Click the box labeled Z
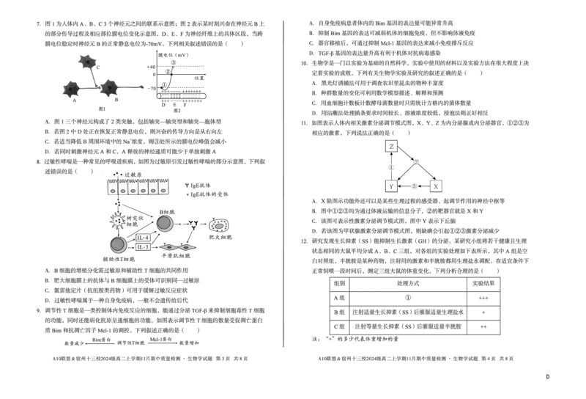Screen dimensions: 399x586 tap(391, 147)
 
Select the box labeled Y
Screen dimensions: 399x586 tap(391, 186)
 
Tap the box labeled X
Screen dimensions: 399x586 tap(435, 186)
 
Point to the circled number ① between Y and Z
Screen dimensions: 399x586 tap(391, 167)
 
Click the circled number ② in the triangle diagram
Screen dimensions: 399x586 tap(416, 162)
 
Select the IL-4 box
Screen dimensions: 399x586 tap(144, 238)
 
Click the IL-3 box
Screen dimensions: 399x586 tap(144, 247)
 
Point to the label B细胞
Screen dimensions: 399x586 tap(168, 211)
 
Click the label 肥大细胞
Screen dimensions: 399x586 tap(220, 238)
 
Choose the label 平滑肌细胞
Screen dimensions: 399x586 tap(175, 256)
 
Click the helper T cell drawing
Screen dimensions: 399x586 tap(117, 245)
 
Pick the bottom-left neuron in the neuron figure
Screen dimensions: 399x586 tap(72, 89)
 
